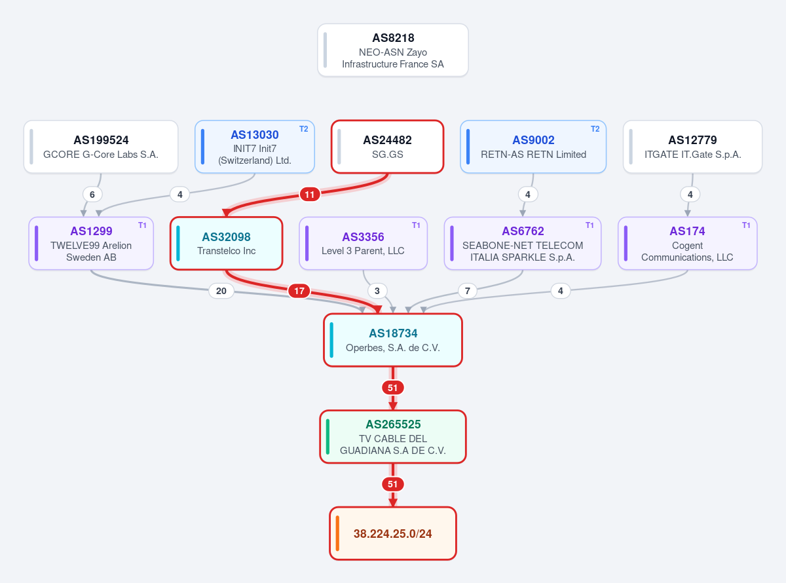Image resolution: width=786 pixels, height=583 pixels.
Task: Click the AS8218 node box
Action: (392, 50)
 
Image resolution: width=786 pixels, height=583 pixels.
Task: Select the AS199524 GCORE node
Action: (101, 147)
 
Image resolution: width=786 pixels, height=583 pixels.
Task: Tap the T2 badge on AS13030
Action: (303, 129)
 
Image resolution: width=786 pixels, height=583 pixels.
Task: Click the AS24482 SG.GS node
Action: (387, 147)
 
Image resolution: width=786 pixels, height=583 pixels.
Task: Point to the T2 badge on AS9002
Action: (595, 129)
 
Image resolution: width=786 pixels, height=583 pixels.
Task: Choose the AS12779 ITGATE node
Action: (692, 147)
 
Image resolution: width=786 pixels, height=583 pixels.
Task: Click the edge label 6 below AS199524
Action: (92, 195)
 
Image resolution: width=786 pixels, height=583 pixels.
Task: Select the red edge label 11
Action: (310, 195)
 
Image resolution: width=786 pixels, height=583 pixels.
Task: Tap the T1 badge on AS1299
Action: (142, 225)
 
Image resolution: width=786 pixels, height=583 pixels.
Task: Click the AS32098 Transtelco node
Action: (226, 244)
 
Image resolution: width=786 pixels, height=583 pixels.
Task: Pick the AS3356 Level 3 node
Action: (364, 244)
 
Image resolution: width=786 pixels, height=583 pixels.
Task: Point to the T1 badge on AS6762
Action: (589, 225)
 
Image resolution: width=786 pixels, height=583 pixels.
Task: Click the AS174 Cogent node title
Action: (687, 231)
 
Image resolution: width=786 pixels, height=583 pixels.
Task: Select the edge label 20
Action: (221, 291)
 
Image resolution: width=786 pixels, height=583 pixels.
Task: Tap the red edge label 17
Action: (299, 291)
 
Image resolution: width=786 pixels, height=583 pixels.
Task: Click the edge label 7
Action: (468, 291)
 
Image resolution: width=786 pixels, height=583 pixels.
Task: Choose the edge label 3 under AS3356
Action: (377, 291)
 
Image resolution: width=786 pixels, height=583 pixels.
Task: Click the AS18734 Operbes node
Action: (392, 340)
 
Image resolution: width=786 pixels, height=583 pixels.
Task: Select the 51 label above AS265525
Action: (392, 388)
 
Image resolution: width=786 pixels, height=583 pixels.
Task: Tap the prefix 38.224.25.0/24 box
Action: (392, 533)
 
